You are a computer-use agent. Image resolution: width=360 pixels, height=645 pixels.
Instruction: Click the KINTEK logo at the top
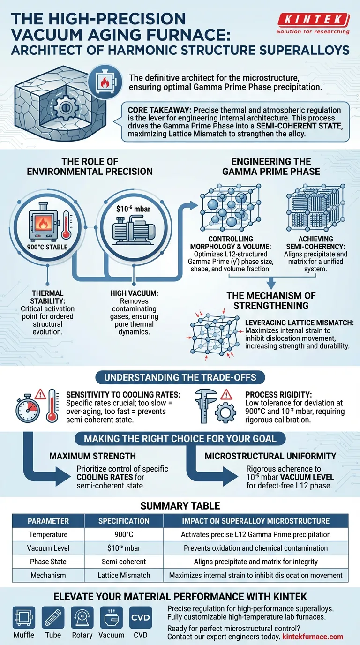(313, 20)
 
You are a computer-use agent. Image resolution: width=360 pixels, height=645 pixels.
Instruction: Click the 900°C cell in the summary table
(124, 534)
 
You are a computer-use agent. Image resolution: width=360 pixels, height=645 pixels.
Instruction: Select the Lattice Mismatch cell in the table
(124, 575)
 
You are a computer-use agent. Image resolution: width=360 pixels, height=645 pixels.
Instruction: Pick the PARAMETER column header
(48, 521)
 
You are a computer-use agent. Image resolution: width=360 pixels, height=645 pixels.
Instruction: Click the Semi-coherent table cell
(124, 562)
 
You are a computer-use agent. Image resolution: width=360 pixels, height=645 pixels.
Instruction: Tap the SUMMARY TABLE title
(180, 506)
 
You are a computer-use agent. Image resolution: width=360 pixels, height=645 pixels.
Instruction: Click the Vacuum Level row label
(48, 548)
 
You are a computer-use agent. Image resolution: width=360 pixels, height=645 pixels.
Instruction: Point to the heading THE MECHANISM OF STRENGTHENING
(271, 300)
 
